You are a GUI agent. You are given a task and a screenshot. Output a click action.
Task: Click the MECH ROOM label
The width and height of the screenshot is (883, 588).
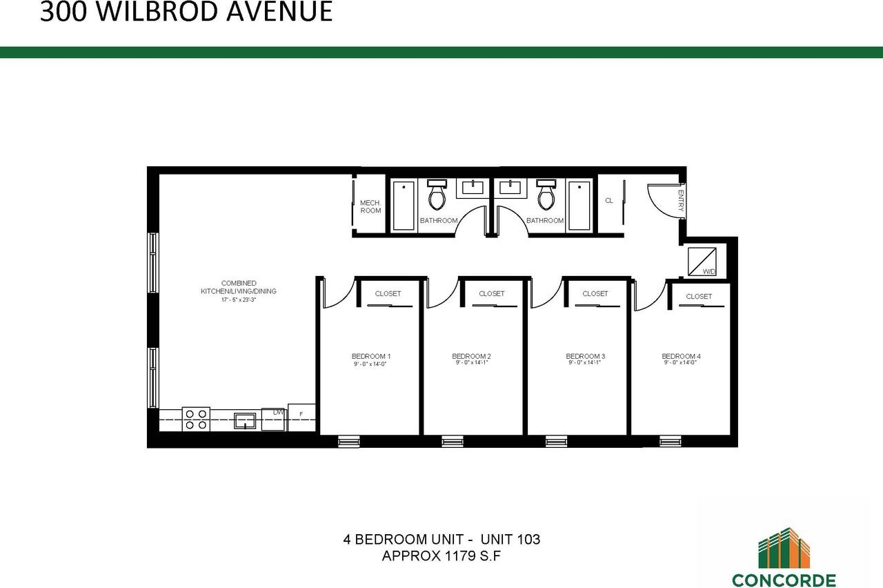click(x=370, y=206)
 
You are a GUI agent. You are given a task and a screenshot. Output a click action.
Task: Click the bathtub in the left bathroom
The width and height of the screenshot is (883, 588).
click(x=404, y=205)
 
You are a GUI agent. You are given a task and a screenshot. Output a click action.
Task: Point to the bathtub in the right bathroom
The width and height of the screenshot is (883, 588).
click(x=579, y=205)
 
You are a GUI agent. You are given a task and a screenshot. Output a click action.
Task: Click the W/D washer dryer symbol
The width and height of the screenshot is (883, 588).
click(x=702, y=262)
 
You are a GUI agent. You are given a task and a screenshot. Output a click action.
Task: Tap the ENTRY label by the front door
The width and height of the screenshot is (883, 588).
click(x=681, y=201)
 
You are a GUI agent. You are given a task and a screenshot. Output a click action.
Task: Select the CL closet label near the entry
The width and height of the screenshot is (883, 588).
click(x=608, y=201)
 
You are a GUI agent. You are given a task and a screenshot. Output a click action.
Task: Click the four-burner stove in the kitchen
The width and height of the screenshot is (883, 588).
click(x=196, y=420)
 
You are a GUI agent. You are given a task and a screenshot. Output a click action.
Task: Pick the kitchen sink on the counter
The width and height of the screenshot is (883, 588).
click(x=245, y=420)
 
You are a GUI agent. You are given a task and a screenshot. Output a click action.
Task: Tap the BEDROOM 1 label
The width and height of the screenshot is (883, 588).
click(x=371, y=356)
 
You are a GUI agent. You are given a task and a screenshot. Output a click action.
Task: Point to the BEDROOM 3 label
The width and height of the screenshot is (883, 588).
click(x=585, y=356)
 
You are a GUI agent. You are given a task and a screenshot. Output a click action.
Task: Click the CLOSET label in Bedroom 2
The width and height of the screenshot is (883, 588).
click(x=491, y=294)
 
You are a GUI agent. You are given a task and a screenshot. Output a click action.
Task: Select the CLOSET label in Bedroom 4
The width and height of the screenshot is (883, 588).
click(x=699, y=297)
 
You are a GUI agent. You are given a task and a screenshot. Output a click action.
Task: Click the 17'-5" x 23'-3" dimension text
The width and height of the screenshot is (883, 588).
click(x=239, y=300)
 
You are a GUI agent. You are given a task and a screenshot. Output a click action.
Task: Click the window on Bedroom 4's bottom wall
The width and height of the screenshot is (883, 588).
click(x=670, y=441)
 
